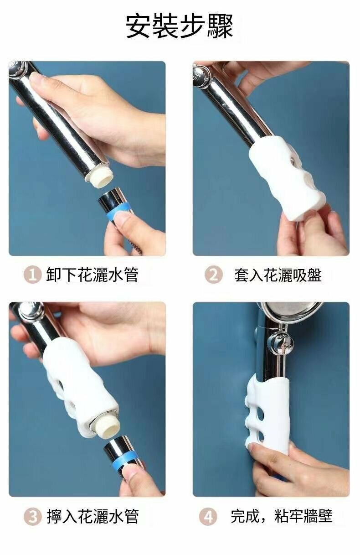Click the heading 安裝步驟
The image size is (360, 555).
(x=180, y=26)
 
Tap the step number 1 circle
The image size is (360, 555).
(x=32, y=275)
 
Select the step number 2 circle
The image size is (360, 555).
(x=213, y=275)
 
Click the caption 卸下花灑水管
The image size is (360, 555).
(x=92, y=275)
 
